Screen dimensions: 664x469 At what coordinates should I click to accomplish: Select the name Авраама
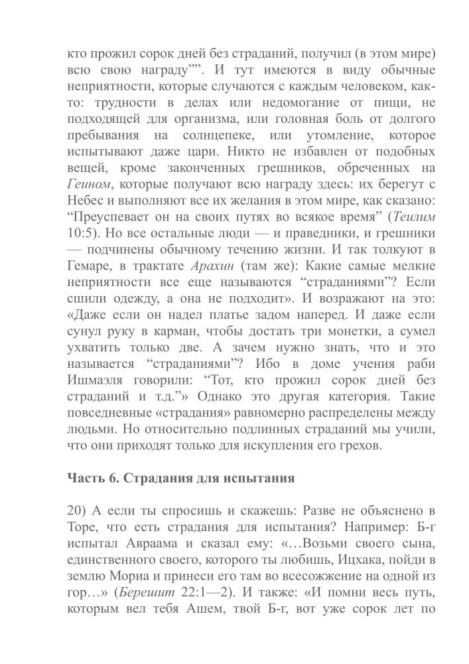[x=134, y=543]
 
